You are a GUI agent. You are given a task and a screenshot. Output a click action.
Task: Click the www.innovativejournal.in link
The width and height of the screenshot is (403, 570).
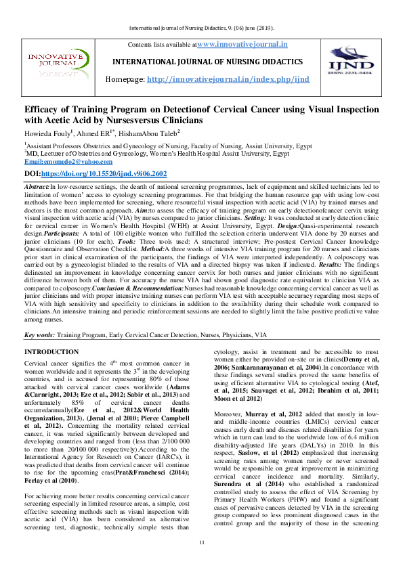pyautogui.click(x=242, y=44)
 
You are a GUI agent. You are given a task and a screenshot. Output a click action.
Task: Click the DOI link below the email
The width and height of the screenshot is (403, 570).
pyautogui.click(x=96, y=173)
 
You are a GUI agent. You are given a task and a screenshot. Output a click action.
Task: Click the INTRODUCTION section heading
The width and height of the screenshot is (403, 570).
pyautogui.click(x=51, y=352)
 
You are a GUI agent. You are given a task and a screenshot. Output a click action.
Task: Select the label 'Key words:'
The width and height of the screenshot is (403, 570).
pyautogui.click(x=39, y=335)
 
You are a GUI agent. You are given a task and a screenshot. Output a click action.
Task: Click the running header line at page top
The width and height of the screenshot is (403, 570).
pyautogui.click(x=201, y=28)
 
